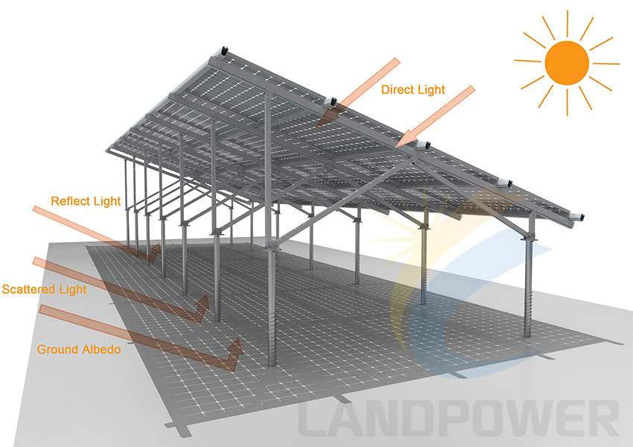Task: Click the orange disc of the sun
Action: [567, 63]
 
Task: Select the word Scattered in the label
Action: [28, 290]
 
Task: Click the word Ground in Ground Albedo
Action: [57, 349]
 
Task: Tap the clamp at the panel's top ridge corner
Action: [223, 51]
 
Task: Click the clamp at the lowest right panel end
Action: [576, 218]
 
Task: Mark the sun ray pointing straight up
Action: [567, 23]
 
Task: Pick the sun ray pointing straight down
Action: [567, 102]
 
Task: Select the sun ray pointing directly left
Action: [527, 61]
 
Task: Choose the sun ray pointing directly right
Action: [606, 63]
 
